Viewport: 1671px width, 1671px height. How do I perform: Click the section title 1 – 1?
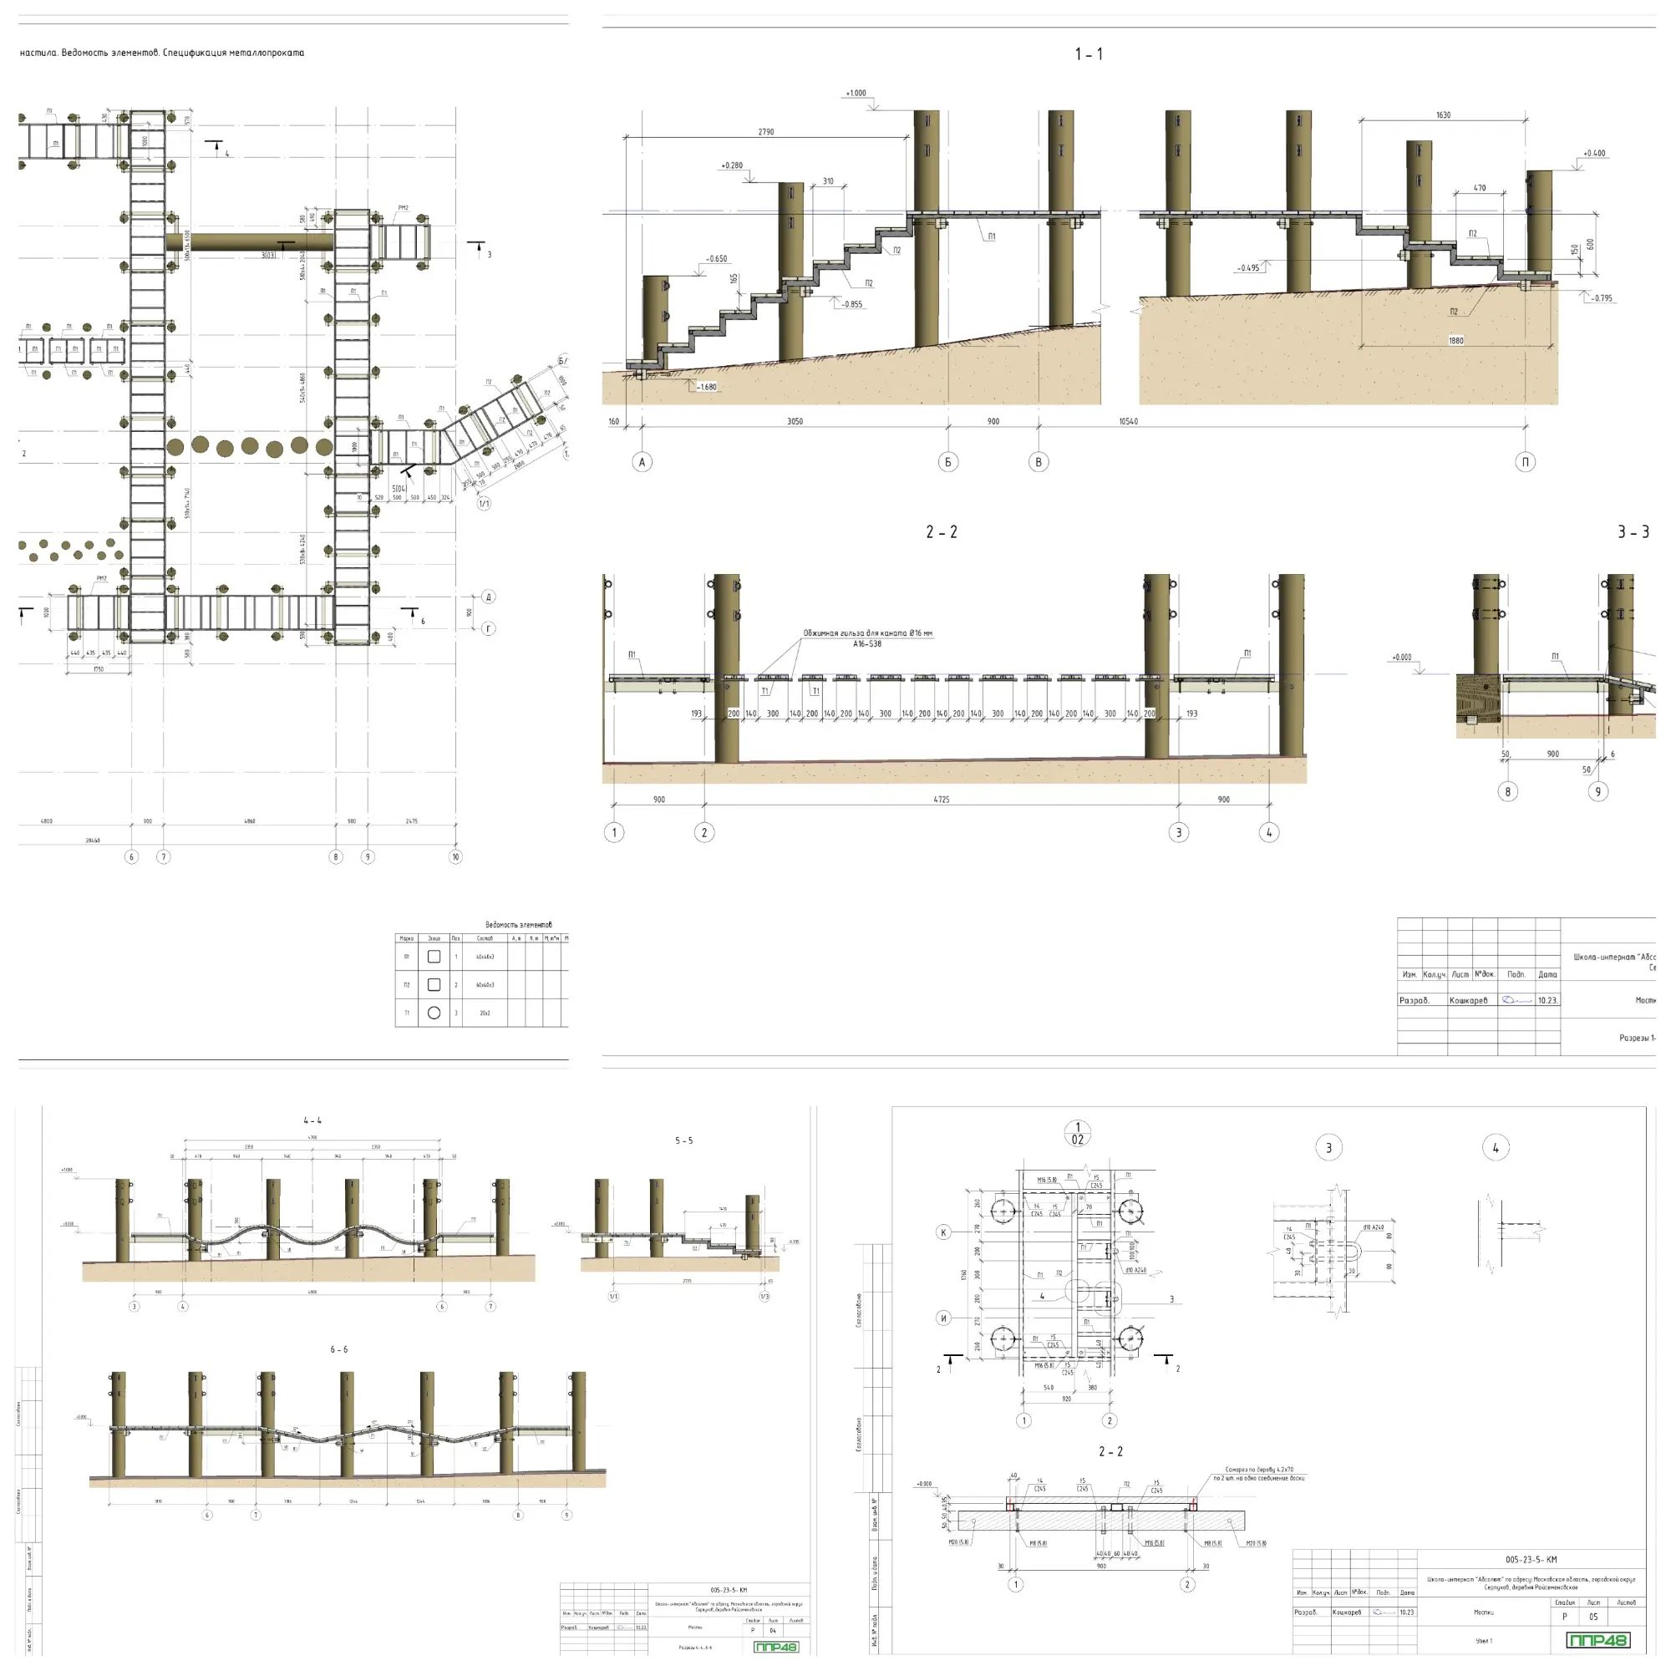(1088, 54)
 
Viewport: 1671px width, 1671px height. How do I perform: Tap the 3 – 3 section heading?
(1633, 532)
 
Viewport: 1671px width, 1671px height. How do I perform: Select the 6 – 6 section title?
(339, 1349)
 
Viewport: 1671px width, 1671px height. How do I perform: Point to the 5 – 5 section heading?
(683, 1140)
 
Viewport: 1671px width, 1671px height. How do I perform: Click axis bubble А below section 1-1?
(642, 462)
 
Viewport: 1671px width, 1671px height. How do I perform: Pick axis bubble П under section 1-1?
(1525, 462)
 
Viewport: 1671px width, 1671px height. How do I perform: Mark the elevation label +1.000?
(856, 94)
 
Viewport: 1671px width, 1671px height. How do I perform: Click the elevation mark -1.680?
(707, 387)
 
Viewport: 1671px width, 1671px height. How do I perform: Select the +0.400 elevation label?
(1594, 153)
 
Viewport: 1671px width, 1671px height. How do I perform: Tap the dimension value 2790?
(765, 132)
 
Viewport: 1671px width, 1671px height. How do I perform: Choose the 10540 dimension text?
(1128, 422)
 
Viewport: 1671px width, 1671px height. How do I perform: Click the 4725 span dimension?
(941, 800)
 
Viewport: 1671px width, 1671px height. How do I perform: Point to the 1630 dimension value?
(1443, 115)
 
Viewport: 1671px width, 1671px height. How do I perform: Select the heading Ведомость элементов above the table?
(518, 925)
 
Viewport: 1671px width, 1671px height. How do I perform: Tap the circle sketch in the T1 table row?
(434, 1013)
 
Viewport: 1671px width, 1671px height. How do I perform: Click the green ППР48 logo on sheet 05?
(1598, 1640)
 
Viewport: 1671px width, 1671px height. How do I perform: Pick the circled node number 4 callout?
(1496, 1149)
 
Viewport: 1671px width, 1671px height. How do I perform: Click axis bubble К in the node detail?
(943, 1232)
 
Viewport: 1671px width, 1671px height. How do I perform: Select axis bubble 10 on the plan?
(456, 857)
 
